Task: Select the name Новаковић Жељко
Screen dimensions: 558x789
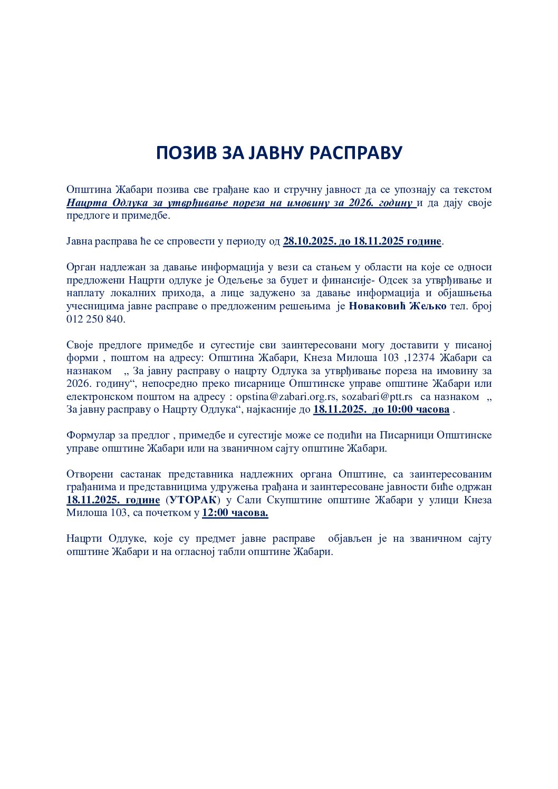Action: coord(398,306)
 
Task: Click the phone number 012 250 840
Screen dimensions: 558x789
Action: coord(95,319)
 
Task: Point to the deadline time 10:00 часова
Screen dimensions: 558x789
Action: coord(411,410)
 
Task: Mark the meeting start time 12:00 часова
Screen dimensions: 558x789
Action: coord(235,513)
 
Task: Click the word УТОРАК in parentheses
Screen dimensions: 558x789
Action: coord(194,500)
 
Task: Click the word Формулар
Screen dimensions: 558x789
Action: coord(90,435)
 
